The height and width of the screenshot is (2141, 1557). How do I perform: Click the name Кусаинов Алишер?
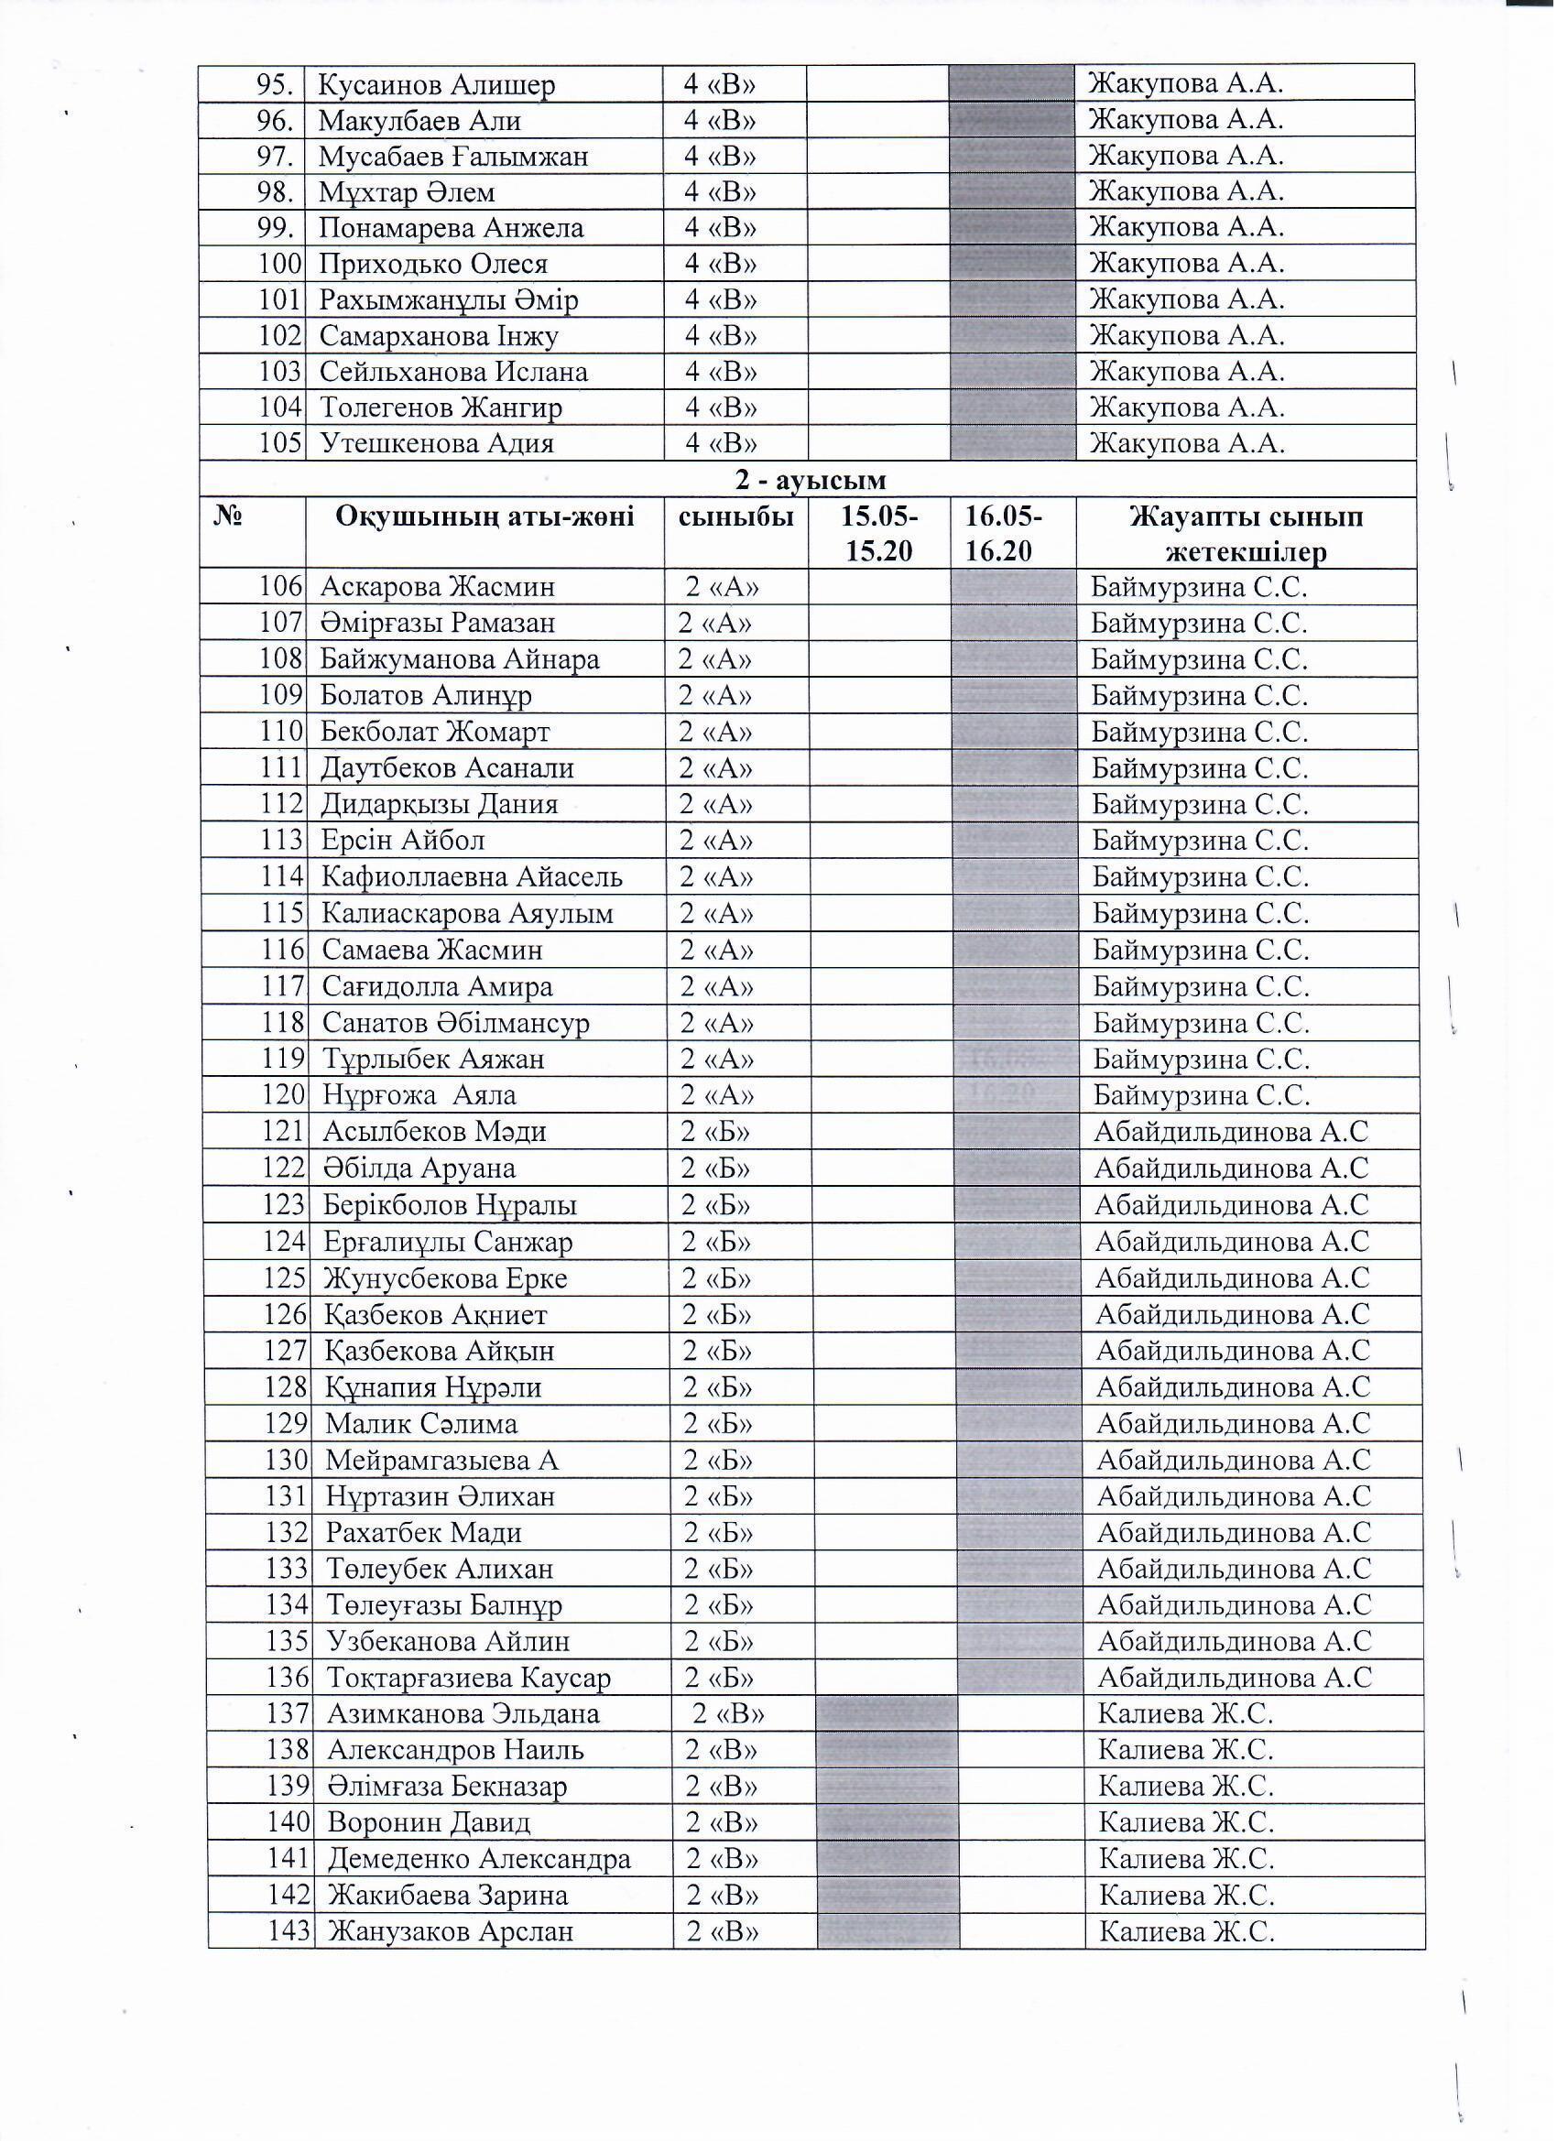436,85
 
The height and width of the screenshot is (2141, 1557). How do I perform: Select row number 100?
280,265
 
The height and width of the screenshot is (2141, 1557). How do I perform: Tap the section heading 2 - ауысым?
811,481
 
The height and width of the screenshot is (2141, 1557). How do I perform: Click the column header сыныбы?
736,517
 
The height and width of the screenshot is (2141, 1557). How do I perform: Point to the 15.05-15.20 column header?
880,534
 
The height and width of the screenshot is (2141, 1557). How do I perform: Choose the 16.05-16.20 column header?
1003,534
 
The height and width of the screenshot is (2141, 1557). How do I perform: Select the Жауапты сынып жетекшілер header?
1247,534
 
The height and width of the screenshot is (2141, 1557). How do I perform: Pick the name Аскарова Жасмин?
438,588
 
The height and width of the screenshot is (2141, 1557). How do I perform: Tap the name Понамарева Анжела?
452,228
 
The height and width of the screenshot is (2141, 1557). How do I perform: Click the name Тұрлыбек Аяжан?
434,1060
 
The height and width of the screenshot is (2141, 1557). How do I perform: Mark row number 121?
284,1133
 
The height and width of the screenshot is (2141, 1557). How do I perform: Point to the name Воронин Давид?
430,1824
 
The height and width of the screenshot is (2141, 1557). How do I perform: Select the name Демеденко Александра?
480,1861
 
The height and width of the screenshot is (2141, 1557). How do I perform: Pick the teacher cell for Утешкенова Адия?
1187,444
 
